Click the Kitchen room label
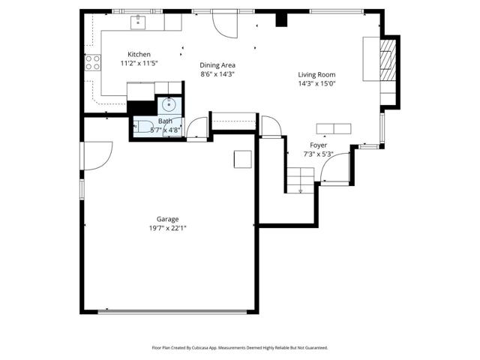139,55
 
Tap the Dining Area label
217,65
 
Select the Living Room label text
316,75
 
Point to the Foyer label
318,145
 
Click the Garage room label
167,219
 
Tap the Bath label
165,121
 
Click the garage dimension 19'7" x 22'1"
168,228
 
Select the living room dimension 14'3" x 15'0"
317,83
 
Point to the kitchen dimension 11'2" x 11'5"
139,63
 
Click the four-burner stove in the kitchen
93,62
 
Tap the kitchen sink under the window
138,22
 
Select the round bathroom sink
169,105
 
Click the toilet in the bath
144,126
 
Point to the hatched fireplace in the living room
388,61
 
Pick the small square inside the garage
243,159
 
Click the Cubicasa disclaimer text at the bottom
240,348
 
